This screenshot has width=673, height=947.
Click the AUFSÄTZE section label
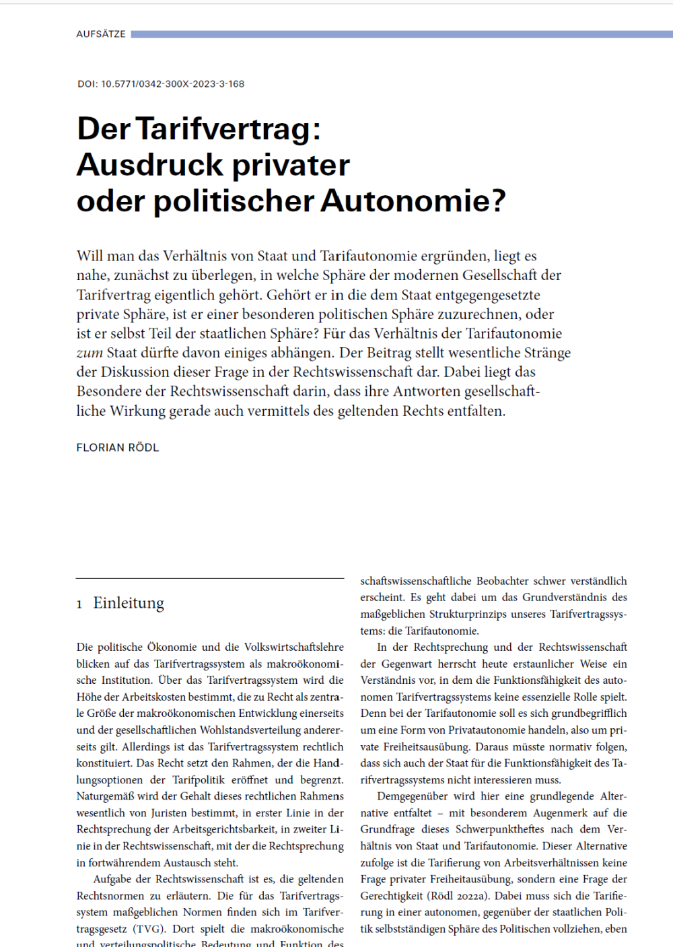tap(101, 34)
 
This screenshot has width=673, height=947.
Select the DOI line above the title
tap(161, 84)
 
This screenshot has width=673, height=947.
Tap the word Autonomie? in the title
tap(413, 201)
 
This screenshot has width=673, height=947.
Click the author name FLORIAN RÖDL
tap(118, 448)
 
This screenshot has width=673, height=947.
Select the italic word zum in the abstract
tap(90, 353)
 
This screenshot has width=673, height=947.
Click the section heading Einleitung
tap(129, 603)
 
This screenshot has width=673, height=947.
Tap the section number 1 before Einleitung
tap(79, 604)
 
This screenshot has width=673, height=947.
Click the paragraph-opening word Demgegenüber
tap(413, 796)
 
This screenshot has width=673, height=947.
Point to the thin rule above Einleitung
tap(210, 578)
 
